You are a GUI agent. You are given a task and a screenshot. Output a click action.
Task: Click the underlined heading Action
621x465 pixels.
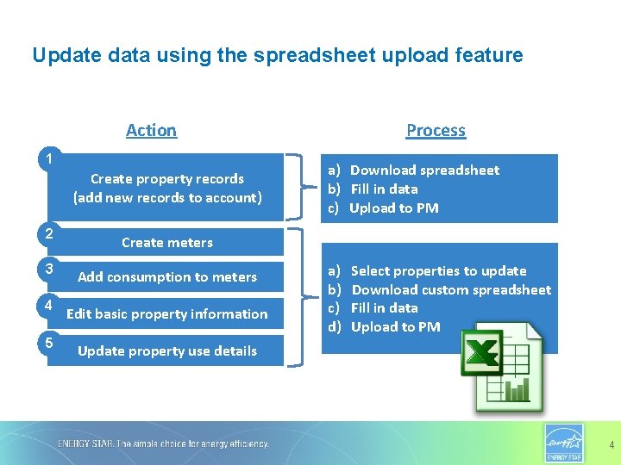tap(151, 130)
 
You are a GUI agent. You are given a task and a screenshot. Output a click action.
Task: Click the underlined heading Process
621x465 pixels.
tap(436, 130)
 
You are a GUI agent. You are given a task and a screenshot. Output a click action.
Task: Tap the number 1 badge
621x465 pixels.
tap(52, 158)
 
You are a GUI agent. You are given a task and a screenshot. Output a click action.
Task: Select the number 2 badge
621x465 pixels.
tap(50, 233)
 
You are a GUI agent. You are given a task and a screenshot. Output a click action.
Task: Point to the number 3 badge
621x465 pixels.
tap(50, 269)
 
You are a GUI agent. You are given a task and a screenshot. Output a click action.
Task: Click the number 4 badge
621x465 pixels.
tap(50, 306)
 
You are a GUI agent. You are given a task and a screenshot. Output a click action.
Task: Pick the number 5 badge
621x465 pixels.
tap(50, 343)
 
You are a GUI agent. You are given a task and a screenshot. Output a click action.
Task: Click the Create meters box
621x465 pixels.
tap(166, 242)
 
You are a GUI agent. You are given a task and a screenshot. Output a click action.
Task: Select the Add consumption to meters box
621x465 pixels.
tap(166, 276)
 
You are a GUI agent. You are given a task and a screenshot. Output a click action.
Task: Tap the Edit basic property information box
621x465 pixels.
tap(166, 313)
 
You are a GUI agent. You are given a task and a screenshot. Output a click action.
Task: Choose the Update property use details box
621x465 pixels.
tap(166, 350)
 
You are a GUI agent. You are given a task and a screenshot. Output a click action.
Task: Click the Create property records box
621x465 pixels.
tap(166, 188)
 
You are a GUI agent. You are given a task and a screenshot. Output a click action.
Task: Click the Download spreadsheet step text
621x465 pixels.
tap(424, 170)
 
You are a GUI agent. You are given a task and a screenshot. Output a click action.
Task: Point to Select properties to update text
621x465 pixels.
tap(438, 270)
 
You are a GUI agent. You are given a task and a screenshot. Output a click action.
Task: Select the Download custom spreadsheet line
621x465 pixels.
tap(450, 289)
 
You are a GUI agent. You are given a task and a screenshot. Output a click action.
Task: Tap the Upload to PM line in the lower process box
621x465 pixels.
tap(395, 326)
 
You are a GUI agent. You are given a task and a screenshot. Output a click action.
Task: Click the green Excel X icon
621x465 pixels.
tap(483, 353)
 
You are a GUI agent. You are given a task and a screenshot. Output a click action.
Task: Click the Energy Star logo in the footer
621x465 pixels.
tap(564, 443)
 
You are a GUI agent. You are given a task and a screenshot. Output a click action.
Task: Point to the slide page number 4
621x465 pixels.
tap(612, 445)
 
